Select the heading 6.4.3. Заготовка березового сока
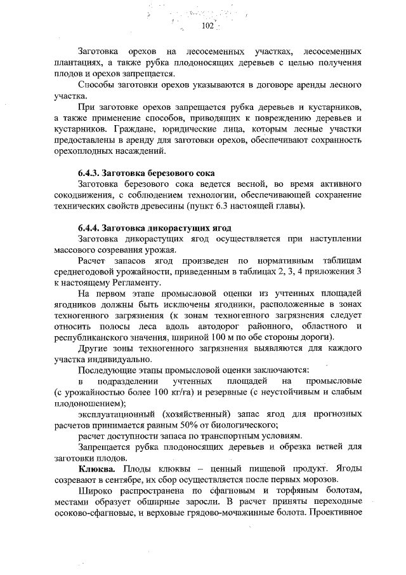(147, 173)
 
